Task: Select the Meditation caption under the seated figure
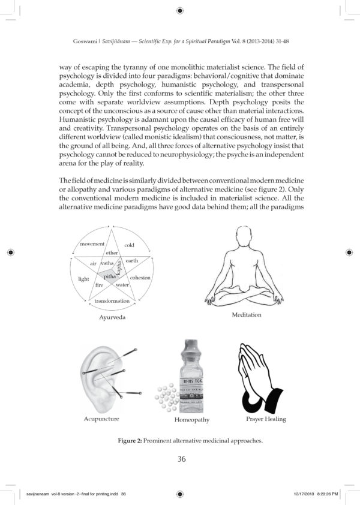click(x=247, y=315)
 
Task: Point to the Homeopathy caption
click(x=192, y=420)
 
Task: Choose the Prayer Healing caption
click(x=266, y=418)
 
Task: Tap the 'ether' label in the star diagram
click(x=112, y=253)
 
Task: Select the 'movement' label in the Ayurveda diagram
click(x=92, y=244)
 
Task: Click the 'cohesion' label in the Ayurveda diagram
click(x=140, y=278)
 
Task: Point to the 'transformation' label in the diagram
click(x=112, y=300)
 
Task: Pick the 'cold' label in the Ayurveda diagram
click(x=129, y=245)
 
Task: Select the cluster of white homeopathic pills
click(x=164, y=396)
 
